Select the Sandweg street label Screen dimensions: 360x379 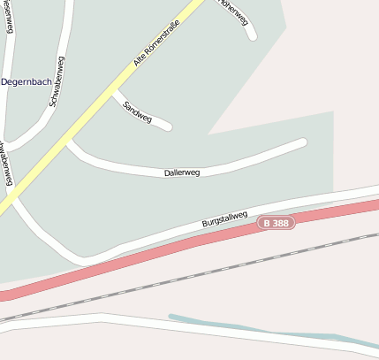click(x=138, y=111)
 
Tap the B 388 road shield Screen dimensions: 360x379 click(x=277, y=223)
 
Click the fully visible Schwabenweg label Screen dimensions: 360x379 click(x=56, y=81)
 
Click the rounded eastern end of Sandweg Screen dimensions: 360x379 click(x=167, y=126)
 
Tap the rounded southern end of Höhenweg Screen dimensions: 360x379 click(x=252, y=36)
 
